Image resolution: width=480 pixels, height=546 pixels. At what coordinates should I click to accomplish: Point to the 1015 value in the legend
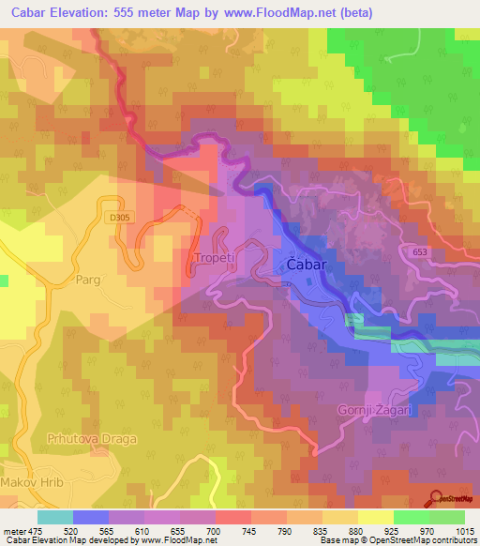[x=464, y=531]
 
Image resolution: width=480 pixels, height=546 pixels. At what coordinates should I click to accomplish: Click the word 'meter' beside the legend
[x=13, y=531]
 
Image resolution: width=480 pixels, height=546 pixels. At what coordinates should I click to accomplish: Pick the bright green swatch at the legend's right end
[x=446, y=517]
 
